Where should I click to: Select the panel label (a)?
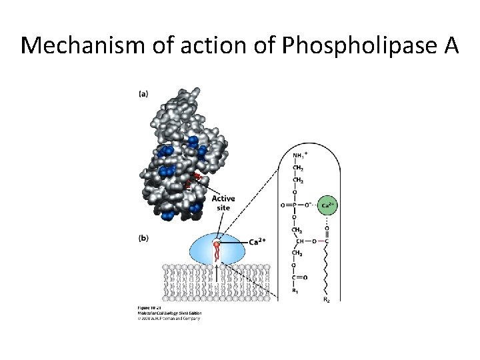(143, 94)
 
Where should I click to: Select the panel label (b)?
(143, 237)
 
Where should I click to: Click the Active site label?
(223, 203)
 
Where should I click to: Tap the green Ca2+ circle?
(326, 205)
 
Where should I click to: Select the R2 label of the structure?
(326, 301)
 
